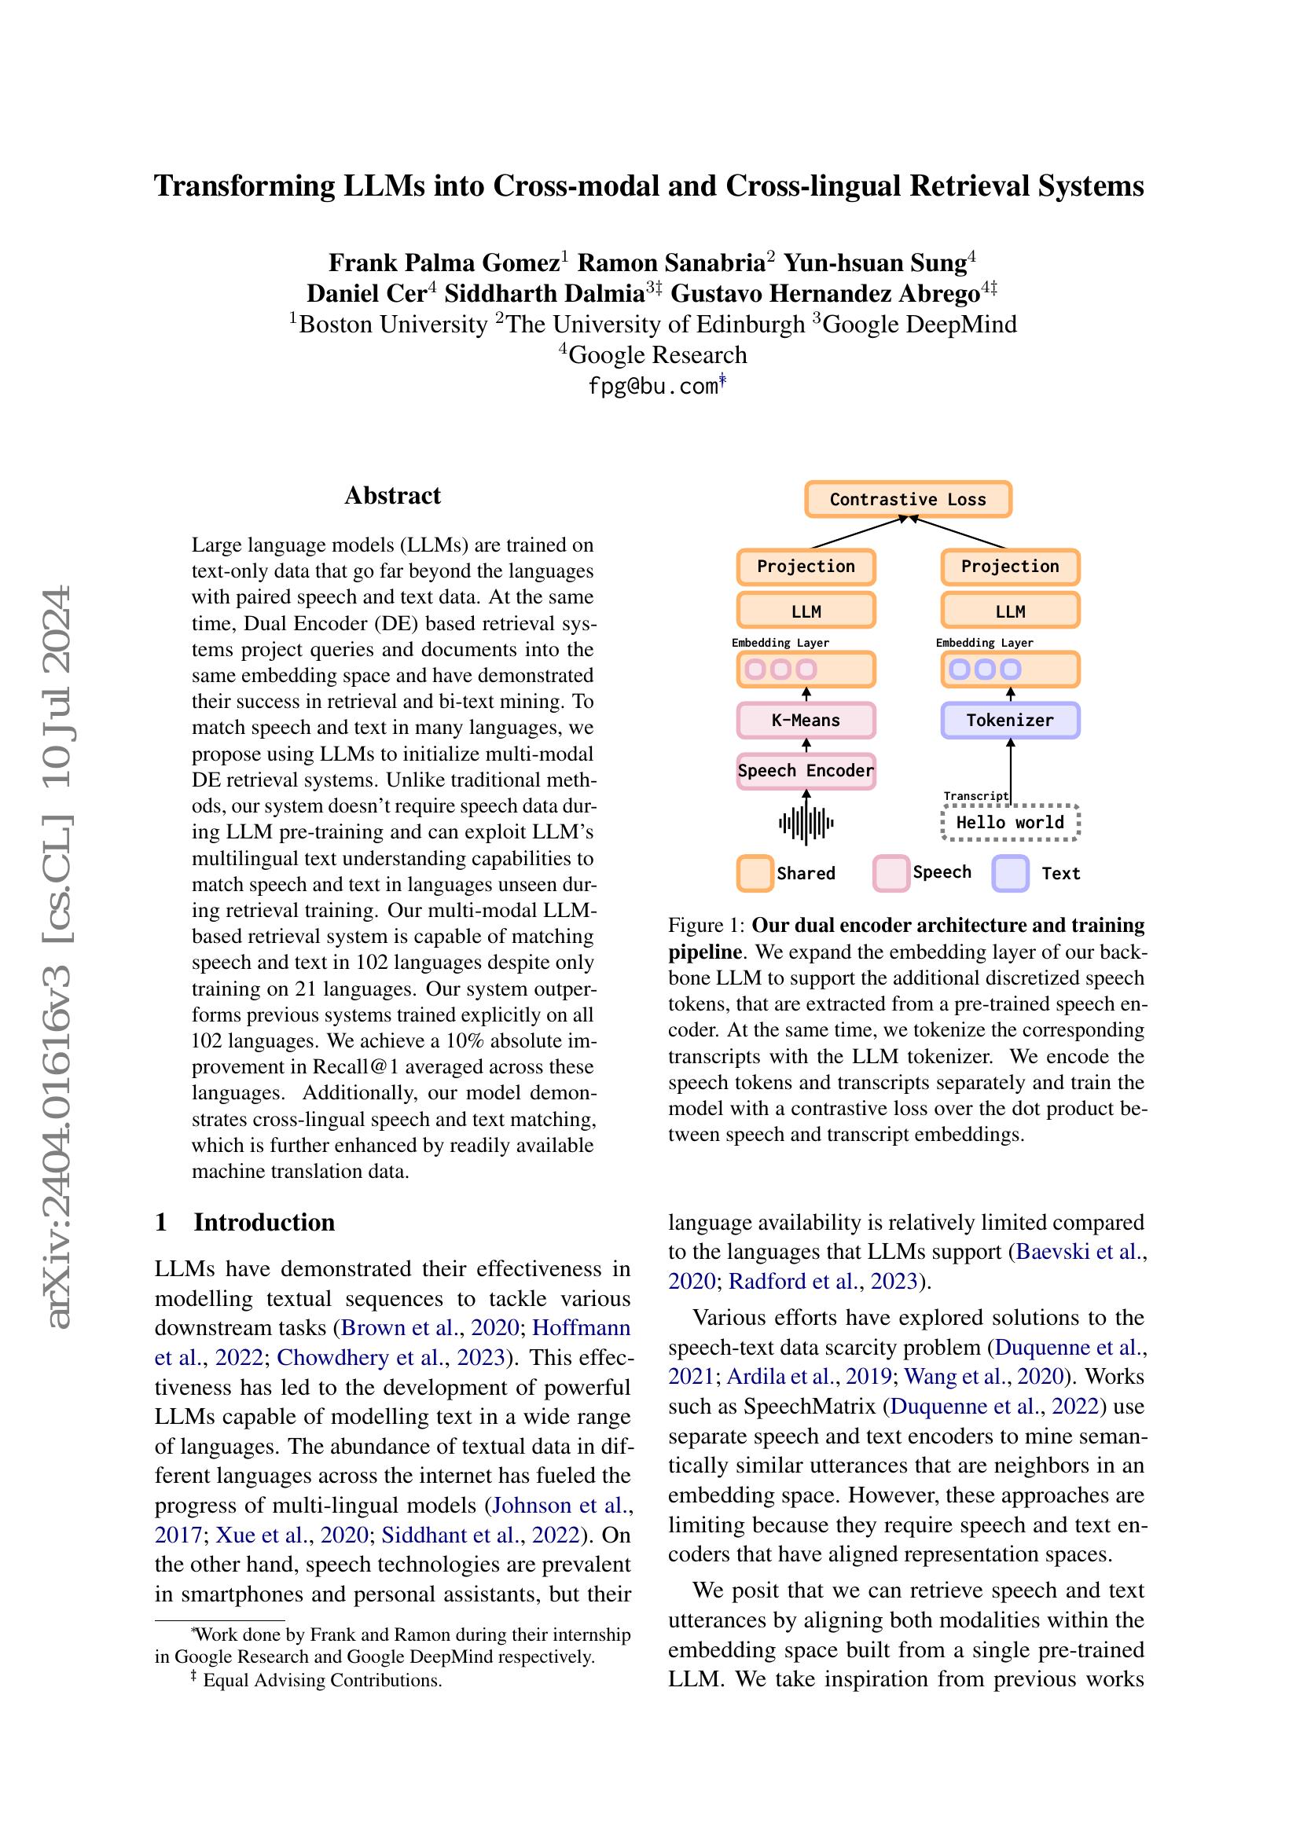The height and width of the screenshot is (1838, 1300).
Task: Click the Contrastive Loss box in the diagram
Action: point(908,500)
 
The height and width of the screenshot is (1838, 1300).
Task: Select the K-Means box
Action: point(806,720)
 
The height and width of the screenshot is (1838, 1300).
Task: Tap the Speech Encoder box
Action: point(806,771)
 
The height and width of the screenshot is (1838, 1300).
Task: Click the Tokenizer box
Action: point(1009,720)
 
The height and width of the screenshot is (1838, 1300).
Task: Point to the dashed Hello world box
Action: point(1009,822)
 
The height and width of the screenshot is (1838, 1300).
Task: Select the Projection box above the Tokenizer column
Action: point(1009,567)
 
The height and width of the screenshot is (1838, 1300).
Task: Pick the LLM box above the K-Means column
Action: point(806,611)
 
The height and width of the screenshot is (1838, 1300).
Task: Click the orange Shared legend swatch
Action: point(754,872)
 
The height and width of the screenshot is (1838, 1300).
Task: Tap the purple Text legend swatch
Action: point(1009,872)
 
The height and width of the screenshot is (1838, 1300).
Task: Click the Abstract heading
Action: point(392,496)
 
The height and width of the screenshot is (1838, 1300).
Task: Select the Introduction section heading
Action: point(264,1223)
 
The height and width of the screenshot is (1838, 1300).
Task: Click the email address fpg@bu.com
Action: point(652,387)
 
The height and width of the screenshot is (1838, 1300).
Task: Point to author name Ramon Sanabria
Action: point(670,262)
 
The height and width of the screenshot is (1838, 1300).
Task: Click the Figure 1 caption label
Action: point(707,926)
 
